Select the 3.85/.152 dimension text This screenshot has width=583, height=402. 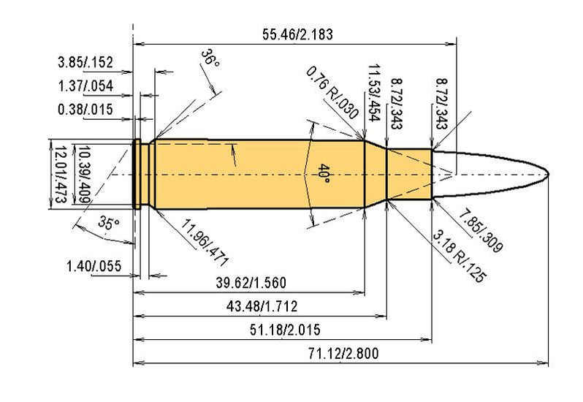pos(85,62)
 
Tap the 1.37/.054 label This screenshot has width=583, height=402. pos(85,86)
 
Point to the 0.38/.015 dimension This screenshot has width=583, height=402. pos(85,110)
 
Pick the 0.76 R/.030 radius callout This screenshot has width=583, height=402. pos(333,93)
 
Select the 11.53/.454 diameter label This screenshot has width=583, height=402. pos(377,88)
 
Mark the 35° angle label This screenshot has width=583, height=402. pos(109,224)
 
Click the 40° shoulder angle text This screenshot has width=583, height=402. pos(322,175)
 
